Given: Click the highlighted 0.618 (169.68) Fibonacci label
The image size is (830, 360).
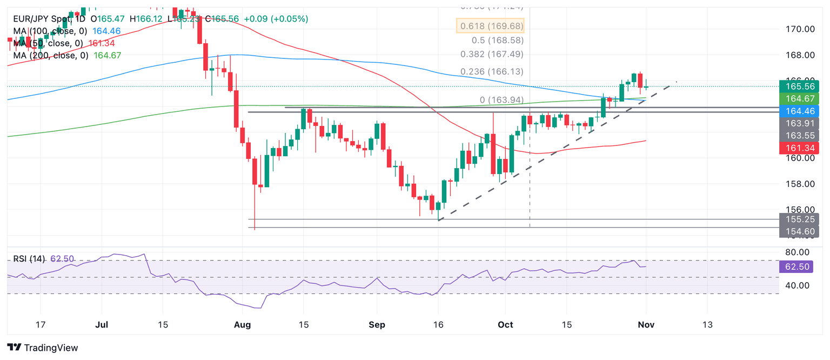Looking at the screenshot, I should click(x=491, y=26).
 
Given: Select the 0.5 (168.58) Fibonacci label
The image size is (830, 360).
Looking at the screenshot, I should click(x=498, y=40).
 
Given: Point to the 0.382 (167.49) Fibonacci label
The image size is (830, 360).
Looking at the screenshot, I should click(x=492, y=54).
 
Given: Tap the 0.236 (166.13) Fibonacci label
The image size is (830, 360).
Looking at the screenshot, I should click(x=492, y=71).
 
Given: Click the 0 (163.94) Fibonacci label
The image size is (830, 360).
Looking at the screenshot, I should click(x=501, y=99).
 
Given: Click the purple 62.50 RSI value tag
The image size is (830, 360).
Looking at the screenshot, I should click(x=796, y=266).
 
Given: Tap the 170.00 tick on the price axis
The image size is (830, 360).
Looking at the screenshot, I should click(x=800, y=29).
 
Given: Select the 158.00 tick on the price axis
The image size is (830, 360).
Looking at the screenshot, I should click(x=800, y=184).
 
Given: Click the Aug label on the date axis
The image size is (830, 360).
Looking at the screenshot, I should click(x=243, y=325).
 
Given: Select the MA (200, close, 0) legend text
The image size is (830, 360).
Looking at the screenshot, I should click(x=51, y=55).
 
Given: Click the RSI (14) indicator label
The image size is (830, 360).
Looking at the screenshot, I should click(x=30, y=259).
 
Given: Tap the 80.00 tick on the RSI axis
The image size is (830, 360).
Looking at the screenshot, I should click(x=797, y=252).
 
